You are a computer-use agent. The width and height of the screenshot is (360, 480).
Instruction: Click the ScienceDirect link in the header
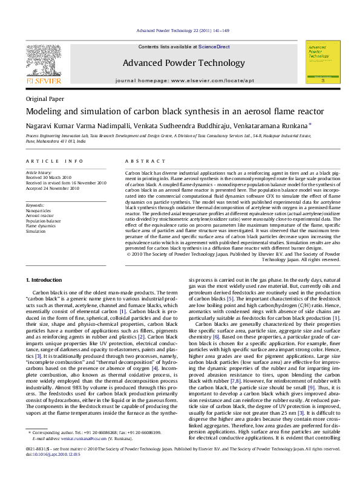(x=214, y=47)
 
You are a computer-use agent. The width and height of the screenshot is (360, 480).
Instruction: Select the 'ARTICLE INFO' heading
(x=54, y=161)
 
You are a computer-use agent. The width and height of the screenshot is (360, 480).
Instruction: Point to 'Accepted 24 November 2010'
(x=53, y=188)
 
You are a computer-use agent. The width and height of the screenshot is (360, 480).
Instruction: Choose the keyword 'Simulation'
(x=36, y=232)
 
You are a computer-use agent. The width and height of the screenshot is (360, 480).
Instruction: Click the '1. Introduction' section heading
(x=44, y=281)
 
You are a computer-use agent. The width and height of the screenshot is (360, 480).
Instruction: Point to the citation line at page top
(x=182, y=30)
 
